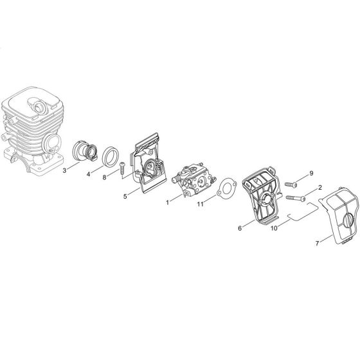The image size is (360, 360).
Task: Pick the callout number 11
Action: pyautogui.click(x=201, y=204)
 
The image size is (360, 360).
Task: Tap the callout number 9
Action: pyautogui.click(x=311, y=174)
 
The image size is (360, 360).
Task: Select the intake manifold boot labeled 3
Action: pyautogui.click(x=87, y=150)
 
